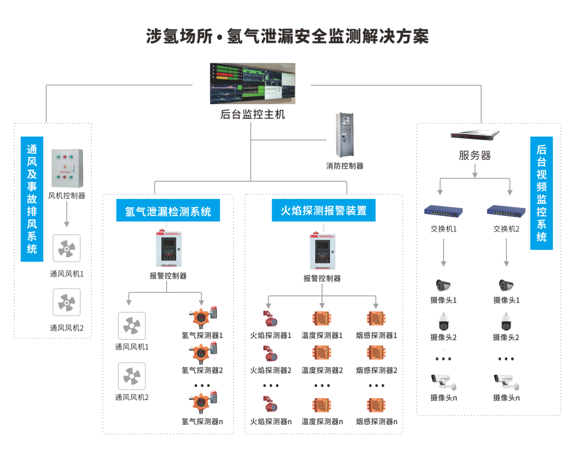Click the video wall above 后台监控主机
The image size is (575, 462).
pyautogui.click(x=252, y=83)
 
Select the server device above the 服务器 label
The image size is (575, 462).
pyautogui.click(x=474, y=135)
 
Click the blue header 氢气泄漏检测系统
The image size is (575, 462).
pyautogui.click(x=168, y=211)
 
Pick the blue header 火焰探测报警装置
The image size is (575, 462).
pyautogui.click(x=324, y=211)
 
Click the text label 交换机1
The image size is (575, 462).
pyautogui.click(x=443, y=229)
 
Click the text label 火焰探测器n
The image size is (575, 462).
pyautogui.click(x=270, y=422)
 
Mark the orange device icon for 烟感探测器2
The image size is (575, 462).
pyautogui.click(x=376, y=352)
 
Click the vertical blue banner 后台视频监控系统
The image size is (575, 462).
pyautogui.click(x=541, y=194)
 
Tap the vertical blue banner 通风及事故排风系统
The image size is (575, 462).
pyautogui.click(x=32, y=199)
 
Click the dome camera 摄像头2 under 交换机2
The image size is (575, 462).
pyautogui.click(x=506, y=321)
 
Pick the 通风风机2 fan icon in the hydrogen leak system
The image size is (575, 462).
pyautogui.click(x=132, y=376)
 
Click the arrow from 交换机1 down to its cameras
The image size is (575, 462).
pyautogui.click(x=443, y=253)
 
